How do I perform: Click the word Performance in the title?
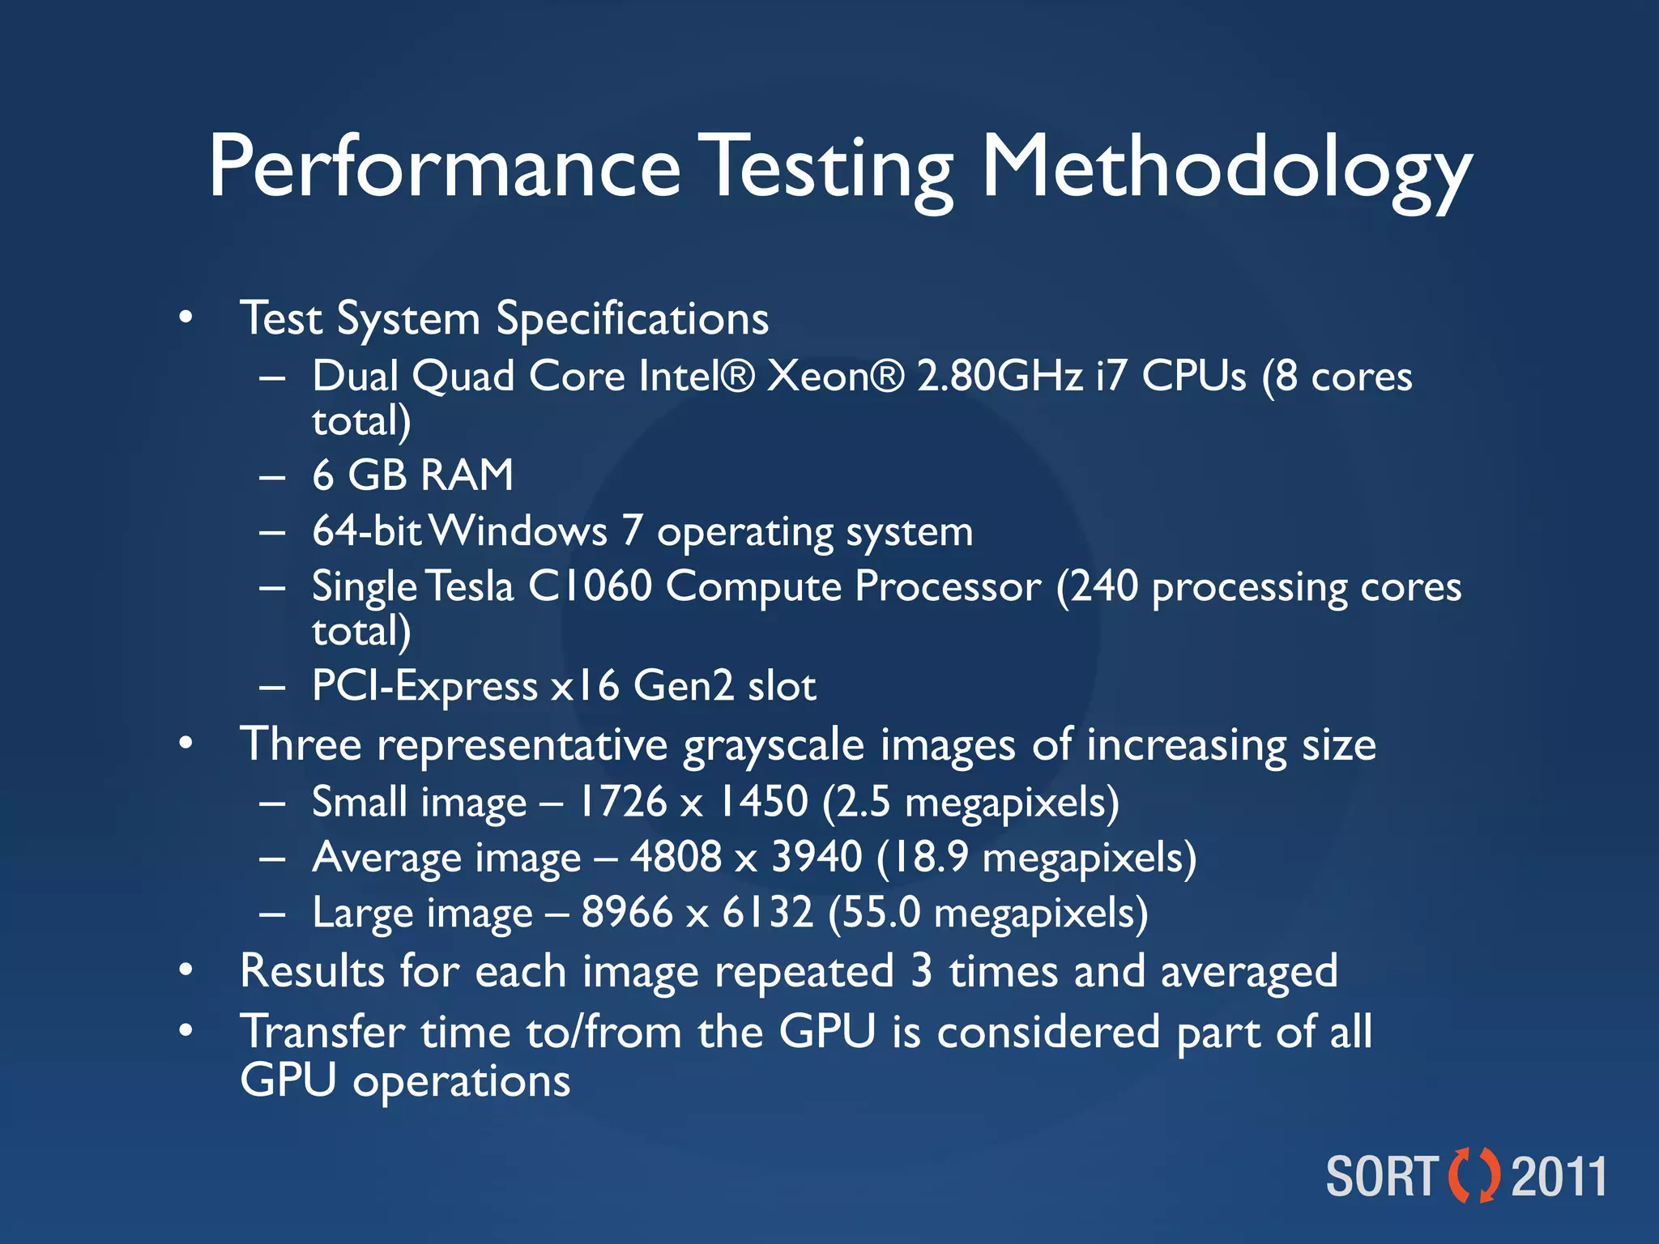(444, 168)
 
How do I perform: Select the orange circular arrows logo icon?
(1473, 1175)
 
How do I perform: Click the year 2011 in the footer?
(1559, 1177)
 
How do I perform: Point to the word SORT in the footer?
(1382, 1177)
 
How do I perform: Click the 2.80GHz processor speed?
(1000, 377)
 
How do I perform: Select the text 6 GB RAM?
(413, 475)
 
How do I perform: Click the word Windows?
(518, 531)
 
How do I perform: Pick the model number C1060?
(590, 586)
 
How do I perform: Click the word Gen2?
(684, 686)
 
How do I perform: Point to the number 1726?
(621, 802)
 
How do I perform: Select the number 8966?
(627, 913)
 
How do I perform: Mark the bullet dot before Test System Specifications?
(186, 317)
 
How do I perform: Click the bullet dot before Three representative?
(186, 743)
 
